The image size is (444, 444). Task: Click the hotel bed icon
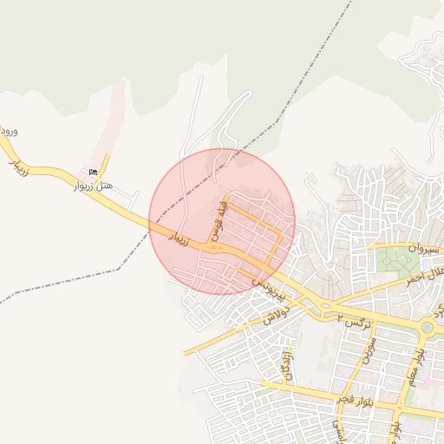[x=93, y=172]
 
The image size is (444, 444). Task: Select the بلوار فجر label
[x=356, y=401]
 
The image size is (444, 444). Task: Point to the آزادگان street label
[x=286, y=365]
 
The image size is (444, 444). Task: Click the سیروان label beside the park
[x=422, y=248]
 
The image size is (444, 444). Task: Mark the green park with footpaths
[x=398, y=260]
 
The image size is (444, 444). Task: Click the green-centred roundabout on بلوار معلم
[x=427, y=327]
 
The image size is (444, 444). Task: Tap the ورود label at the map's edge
[x=10, y=131]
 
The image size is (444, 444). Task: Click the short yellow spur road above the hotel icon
[x=106, y=163]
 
